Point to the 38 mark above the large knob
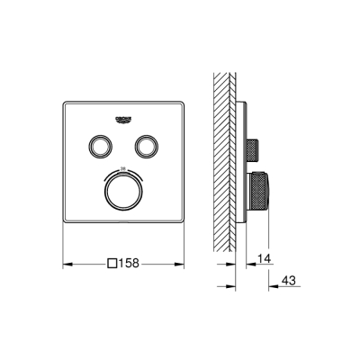pos(122,169)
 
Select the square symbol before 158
pos(112,264)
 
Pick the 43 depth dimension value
pos(289,280)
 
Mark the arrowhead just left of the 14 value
pos(248,263)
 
